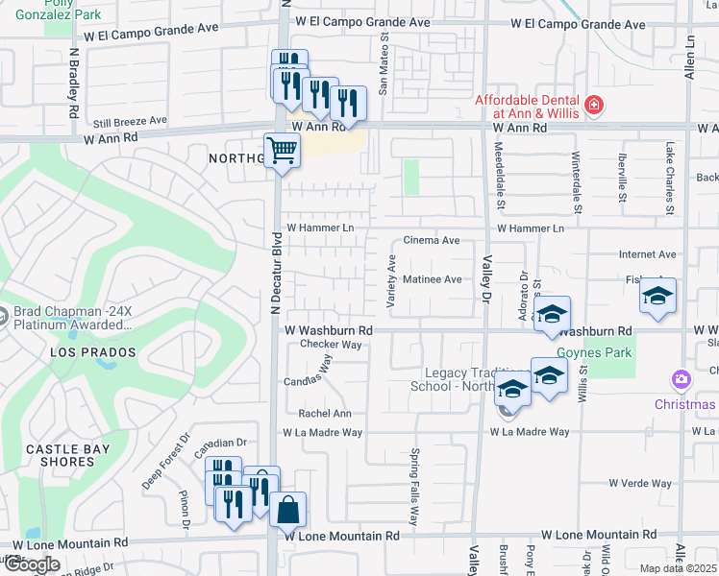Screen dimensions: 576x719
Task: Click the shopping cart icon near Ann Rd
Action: coord(282,150)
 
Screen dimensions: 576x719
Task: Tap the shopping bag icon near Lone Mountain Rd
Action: coord(288,509)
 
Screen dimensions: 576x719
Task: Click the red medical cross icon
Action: coord(594,104)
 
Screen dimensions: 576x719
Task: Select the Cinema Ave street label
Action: coord(432,240)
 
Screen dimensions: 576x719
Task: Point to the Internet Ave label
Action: coord(647,254)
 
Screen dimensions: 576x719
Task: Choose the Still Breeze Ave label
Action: coord(130,122)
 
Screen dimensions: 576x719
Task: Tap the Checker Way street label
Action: coord(331,344)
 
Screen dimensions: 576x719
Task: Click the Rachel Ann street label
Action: coord(325,414)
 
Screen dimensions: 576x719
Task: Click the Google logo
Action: coord(32,564)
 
